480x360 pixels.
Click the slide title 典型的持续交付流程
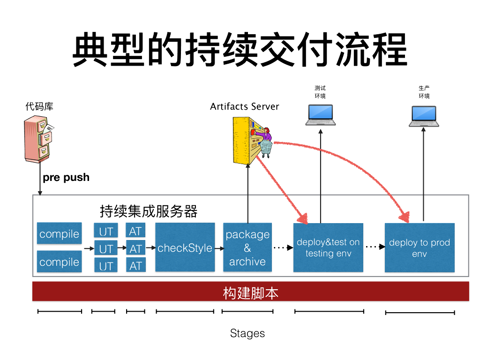point(240,49)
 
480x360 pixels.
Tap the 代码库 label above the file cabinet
point(39,106)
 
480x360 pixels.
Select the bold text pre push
point(66,177)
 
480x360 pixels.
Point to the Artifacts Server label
point(244,106)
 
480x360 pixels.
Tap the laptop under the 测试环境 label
point(321,115)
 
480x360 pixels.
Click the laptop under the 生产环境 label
point(424,116)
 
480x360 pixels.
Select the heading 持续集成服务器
point(149,211)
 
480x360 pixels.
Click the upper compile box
point(59,234)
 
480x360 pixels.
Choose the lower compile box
point(59,262)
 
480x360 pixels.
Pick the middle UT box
point(106,248)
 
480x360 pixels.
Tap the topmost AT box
point(135,231)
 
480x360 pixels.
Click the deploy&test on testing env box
point(328,247)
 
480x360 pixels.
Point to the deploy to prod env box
point(420,247)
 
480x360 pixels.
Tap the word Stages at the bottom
point(247,333)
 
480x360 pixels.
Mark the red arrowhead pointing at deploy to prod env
point(403,217)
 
